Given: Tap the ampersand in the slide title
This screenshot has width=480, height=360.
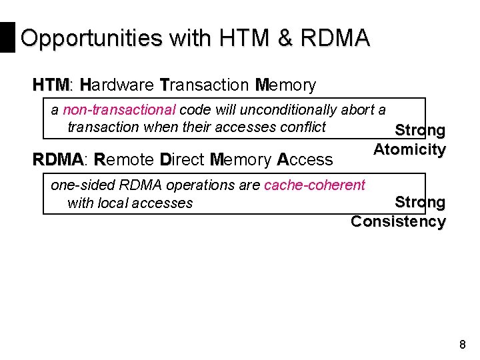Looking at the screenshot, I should [x=285, y=39].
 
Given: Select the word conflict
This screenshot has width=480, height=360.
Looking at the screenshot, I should [x=302, y=127].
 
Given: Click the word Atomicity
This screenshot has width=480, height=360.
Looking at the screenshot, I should [x=409, y=149].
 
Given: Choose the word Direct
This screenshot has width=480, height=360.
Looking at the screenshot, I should [x=183, y=159].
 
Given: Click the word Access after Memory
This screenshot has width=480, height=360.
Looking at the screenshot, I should [x=305, y=159].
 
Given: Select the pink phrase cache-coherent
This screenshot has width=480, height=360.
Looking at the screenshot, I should [x=315, y=185].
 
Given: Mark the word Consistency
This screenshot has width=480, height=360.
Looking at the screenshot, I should [x=398, y=221].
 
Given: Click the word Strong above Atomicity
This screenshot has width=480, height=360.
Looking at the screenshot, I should [x=420, y=130].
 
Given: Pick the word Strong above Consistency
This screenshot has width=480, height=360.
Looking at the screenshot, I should [x=420, y=201].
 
